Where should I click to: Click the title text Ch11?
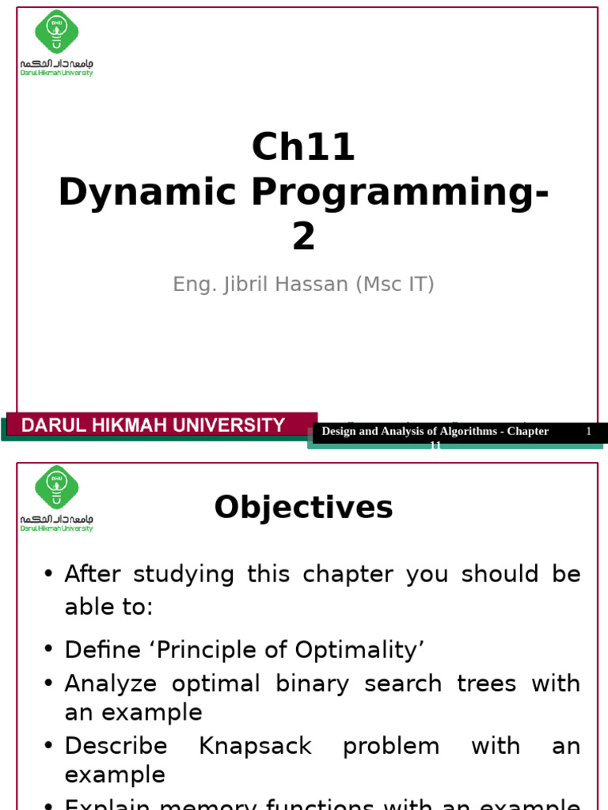point(303,147)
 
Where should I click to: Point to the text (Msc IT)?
point(393,285)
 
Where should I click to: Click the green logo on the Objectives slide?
point(56,486)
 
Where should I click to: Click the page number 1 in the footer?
point(588,431)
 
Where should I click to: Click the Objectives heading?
point(303,507)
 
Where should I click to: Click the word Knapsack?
point(255,746)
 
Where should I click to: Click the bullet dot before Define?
point(49,651)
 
